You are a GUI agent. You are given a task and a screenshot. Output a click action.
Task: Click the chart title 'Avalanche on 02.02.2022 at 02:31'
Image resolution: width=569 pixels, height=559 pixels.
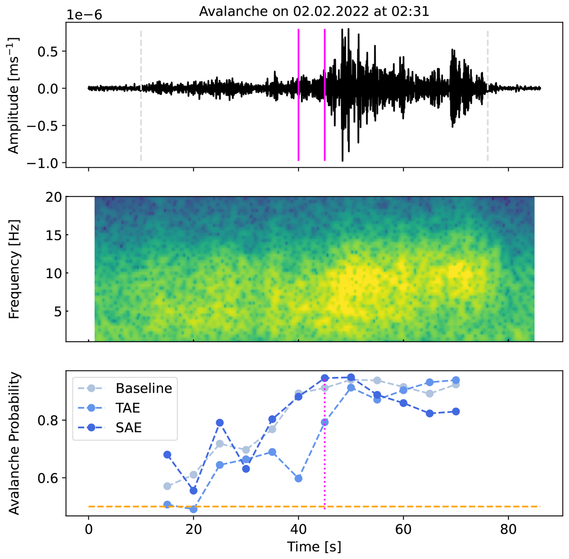click(314, 11)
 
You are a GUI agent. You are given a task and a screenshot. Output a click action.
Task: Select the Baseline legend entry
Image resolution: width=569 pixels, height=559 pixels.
click(144, 388)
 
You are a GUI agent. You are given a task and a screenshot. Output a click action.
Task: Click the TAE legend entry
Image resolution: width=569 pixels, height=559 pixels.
click(128, 408)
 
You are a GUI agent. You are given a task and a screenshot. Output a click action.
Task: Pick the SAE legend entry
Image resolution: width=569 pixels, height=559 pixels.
click(128, 428)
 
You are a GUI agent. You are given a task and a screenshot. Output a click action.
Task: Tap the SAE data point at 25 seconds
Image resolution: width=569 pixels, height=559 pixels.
click(220, 423)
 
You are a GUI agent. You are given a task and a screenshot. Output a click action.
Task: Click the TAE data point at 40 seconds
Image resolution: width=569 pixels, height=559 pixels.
click(298, 478)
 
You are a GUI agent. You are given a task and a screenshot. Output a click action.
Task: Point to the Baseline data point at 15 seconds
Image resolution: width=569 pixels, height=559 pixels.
click(167, 486)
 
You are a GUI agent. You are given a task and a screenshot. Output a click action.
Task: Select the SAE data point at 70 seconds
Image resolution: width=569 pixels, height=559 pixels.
click(456, 411)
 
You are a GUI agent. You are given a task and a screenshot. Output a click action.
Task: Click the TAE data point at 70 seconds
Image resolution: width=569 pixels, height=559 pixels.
click(456, 380)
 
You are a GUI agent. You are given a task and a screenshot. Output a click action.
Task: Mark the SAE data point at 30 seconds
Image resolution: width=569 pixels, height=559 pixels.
click(246, 469)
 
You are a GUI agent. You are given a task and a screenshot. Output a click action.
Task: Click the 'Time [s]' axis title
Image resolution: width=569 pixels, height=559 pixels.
click(314, 546)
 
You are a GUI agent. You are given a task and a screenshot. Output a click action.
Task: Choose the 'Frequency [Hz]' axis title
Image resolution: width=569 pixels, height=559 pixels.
click(14, 269)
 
